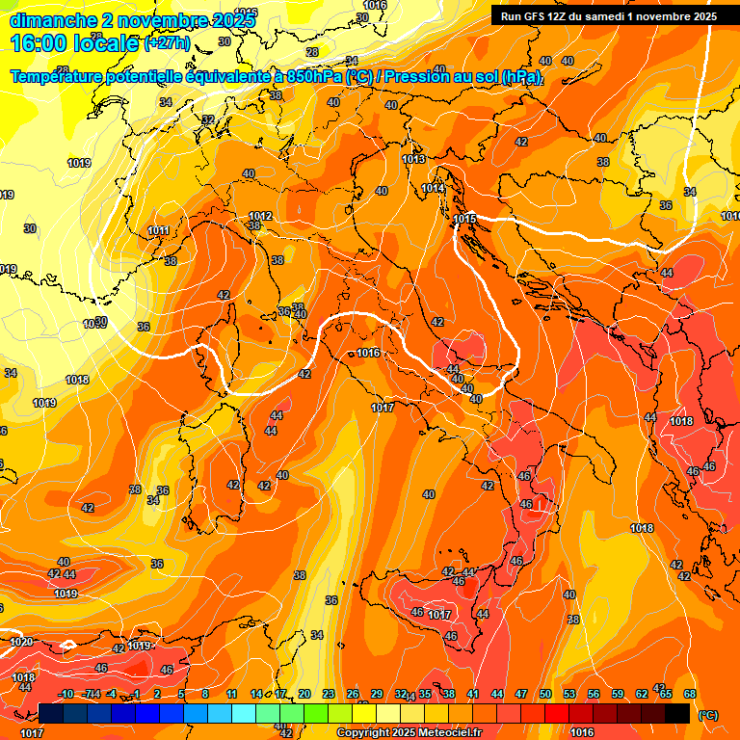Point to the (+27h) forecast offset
(x=167, y=43)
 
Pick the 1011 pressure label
(x=158, y=231)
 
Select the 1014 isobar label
(x=434, y=189)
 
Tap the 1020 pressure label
(x=20, y=642)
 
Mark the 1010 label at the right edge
(x=730, y=216)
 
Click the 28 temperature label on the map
(x=311, y=52)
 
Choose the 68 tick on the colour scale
(x=690, y=695)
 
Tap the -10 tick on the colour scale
(x=66, y=695)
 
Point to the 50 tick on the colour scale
(x=545, y=695)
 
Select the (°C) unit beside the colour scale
(x=706, y=715)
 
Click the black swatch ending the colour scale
(x=677, y=713)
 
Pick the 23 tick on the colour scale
(x=329, y=695)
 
